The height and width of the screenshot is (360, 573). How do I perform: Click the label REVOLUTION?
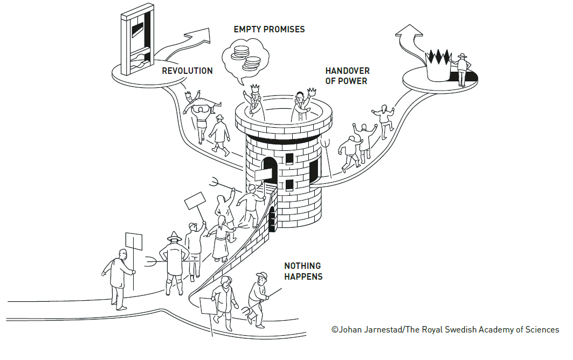pos(187,71)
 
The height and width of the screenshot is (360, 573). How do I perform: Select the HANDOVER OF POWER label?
pos(347,76)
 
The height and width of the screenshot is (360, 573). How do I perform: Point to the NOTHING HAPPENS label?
pos(303,271)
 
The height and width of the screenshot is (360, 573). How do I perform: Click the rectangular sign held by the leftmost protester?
pos(133,241)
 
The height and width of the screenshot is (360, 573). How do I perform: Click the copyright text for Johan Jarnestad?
pos(445,330)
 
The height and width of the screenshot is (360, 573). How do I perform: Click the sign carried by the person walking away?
pos(208,306)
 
